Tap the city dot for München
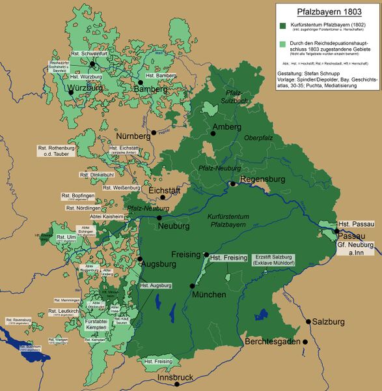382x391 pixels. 193,285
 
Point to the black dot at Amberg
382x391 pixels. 213,133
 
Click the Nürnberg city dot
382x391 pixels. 154,132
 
